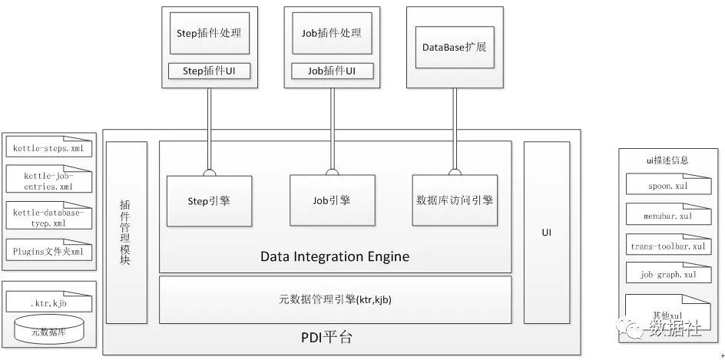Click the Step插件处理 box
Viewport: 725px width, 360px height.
208,34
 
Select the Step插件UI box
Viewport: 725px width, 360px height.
208,71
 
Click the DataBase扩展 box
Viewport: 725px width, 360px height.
454,47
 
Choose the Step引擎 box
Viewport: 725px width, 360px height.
209,200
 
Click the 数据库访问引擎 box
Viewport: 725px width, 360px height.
454,200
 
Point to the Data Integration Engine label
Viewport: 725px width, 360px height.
335,256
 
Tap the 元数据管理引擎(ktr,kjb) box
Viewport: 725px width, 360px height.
335,299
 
